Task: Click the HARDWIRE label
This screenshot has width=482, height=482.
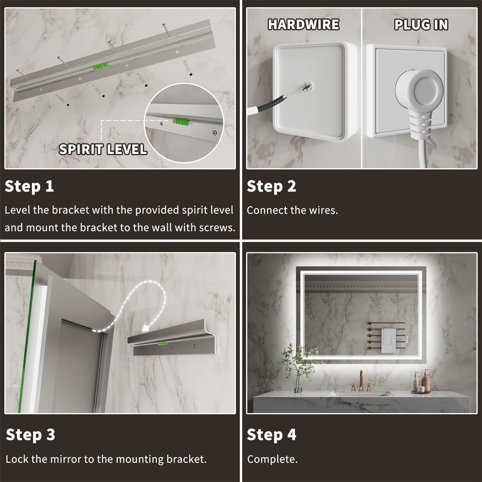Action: tap(303, 25)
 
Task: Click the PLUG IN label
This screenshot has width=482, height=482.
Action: tap(421, 25)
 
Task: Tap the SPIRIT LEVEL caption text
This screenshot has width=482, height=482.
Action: tap(103, 149)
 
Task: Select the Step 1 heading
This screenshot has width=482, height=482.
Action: tap(29, 187)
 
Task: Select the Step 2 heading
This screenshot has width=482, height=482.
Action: tap(271, 187)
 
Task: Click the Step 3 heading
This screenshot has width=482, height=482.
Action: tap(30, 435)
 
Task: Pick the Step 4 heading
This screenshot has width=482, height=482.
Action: tap(272, 435)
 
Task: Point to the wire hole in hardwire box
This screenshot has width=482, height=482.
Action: tap(308, 87)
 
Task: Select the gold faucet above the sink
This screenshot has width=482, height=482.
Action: tap(361, 381)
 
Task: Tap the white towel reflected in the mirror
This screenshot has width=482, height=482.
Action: tap(387, 341)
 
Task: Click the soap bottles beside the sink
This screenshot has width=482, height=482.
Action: tap(421, 382)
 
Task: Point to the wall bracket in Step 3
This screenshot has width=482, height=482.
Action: tap(171, 342)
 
